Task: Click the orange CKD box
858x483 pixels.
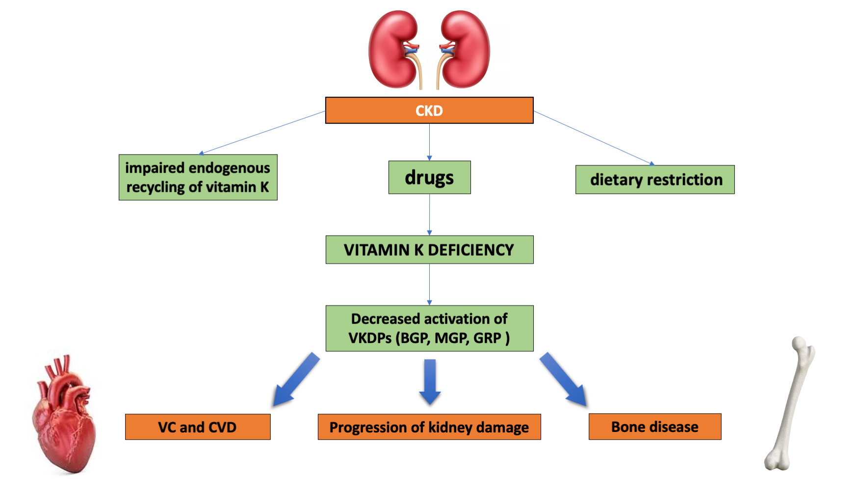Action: pos(429,110)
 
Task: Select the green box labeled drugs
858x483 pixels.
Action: pos(429,177)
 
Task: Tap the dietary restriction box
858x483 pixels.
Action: pos(655,180)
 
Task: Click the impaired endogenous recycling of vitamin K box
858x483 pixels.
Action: pos(198,177)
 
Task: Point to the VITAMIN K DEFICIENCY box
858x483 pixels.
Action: pos(429,250)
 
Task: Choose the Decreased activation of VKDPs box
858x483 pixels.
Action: pos(429,328)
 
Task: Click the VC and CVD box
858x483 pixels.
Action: pos(198,427)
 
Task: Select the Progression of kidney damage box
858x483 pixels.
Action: pos(429,427)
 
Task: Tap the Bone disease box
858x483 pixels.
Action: pos(655,427)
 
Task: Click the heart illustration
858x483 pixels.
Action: pos(64,417)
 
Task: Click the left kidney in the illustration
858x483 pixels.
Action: pos(392,49)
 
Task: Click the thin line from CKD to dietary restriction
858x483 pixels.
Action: pos(594,138)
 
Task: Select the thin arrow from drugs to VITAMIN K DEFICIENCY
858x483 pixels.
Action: pos(429,214)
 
